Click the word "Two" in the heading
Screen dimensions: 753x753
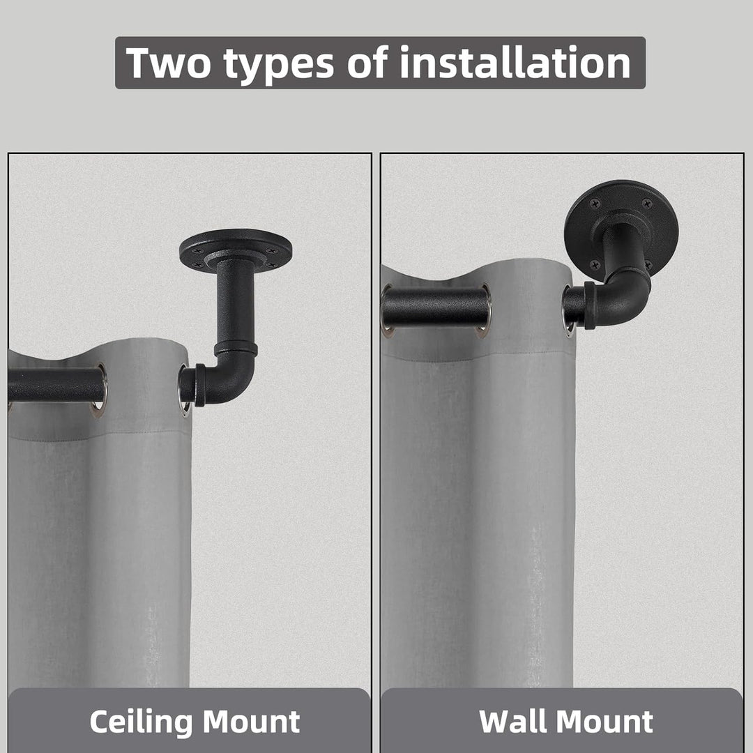pyautogui.click(x=167, y=63)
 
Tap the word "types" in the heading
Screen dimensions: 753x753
pyautogui.click(x=278, y=65)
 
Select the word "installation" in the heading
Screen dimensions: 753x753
pyautogui.click(x=515, y=62)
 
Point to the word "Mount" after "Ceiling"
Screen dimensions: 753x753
pyautogui.click(x=251, y=722)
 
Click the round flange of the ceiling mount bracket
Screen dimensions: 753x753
pyautogui.click(x=236, y=250)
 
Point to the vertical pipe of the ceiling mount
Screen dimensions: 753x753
pyautogui.click(x=236, y=303)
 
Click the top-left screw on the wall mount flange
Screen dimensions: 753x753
pyautogui.click(x=595, y=204)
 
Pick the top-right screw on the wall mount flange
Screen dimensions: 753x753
pyautogui.click(x=647, y=204)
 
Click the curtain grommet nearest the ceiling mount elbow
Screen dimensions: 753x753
pyautogui.click(x=184, y=390)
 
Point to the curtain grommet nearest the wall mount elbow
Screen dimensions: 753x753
pyautogui.click(x=568, y=310)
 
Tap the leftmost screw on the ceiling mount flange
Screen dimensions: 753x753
pyautogui.click(x=195, y=251)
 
